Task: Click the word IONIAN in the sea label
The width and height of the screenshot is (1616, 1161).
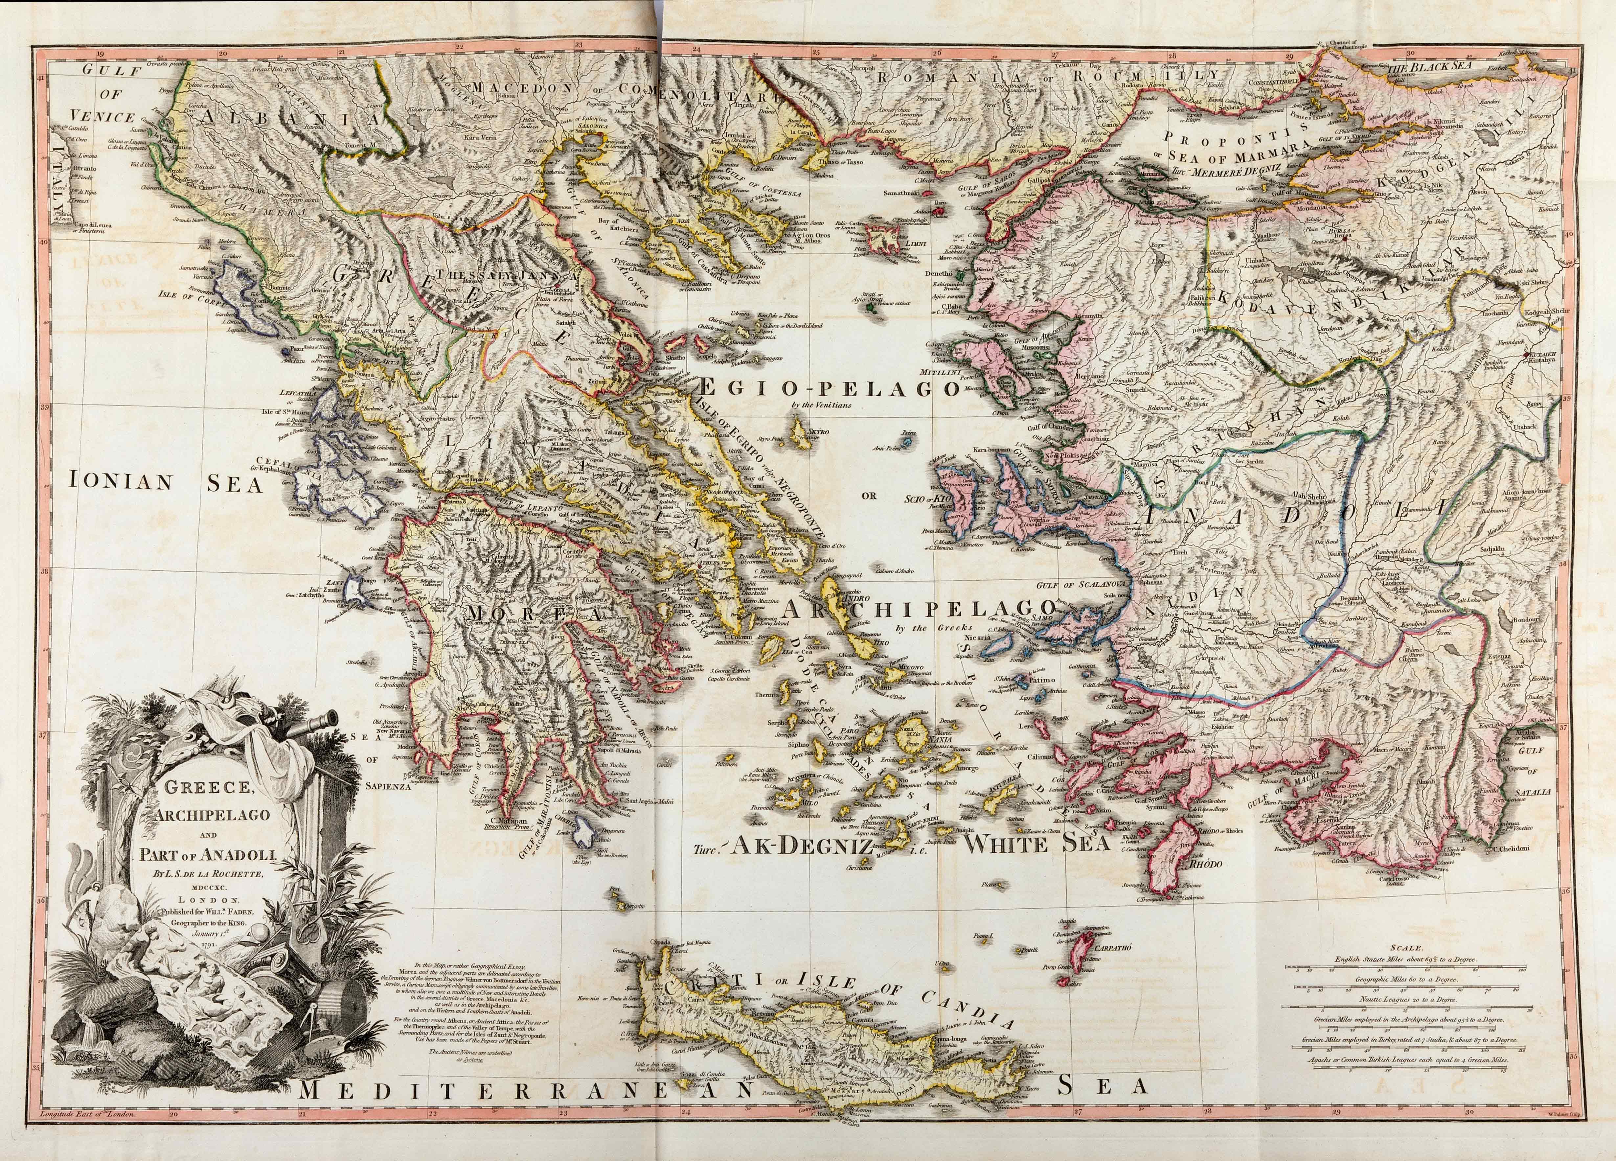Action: pos(121,482)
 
